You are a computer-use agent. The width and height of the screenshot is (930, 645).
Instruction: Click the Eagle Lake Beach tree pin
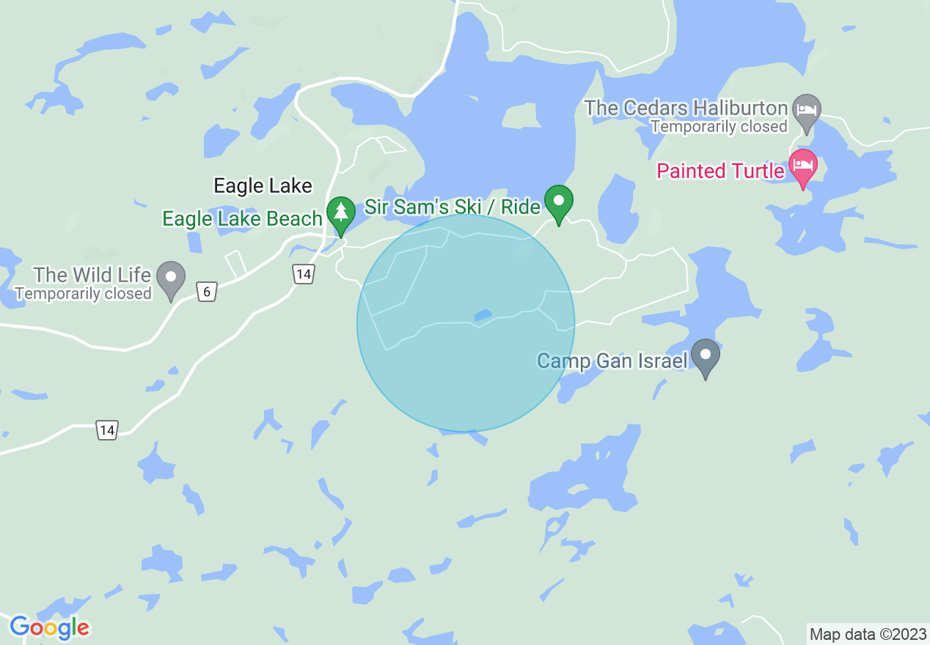340,213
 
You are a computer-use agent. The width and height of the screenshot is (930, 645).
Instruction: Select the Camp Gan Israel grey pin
706,355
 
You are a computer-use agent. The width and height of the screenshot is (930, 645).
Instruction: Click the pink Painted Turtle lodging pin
803,165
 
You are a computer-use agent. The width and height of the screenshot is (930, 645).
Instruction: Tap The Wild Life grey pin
172,278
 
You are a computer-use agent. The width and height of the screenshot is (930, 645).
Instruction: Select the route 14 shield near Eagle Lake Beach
303,275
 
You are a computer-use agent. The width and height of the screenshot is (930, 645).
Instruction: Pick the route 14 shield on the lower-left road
107,430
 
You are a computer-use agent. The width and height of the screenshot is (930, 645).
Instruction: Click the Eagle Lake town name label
263,186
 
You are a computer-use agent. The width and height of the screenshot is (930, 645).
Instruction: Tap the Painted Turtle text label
720,172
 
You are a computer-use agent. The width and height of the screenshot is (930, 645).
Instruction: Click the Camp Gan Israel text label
612,361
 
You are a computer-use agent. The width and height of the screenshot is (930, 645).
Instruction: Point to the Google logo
49,627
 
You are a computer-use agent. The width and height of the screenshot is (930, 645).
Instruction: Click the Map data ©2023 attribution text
867,633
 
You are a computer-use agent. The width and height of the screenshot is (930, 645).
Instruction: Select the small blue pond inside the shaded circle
483,315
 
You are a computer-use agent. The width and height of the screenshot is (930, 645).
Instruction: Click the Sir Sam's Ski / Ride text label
453,207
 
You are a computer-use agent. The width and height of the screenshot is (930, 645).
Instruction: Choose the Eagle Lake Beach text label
242,218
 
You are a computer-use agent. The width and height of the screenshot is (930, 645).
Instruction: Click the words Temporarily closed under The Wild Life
83,294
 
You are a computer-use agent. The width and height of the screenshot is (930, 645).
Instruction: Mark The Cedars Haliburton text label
686,108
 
